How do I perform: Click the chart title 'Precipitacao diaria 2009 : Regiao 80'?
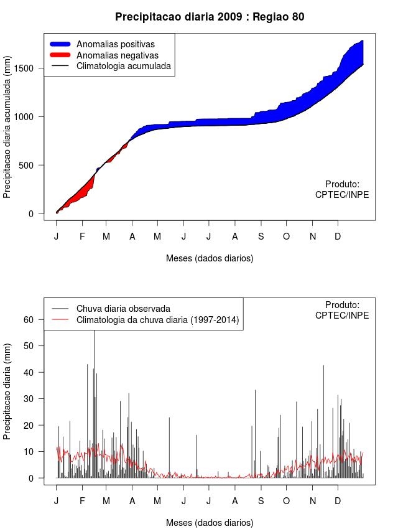210,17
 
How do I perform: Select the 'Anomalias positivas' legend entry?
115,44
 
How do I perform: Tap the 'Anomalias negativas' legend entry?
117,55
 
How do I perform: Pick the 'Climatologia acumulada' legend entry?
123,65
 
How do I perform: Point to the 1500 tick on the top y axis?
29,68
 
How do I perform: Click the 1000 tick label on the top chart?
29,116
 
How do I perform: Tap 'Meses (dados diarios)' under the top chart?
210,258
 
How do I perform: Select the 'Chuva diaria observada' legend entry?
123,309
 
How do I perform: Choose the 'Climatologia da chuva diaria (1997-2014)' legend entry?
157,320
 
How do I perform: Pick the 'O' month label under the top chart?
286,236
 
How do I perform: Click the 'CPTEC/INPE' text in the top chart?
342,195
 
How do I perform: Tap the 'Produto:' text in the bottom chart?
342,305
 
